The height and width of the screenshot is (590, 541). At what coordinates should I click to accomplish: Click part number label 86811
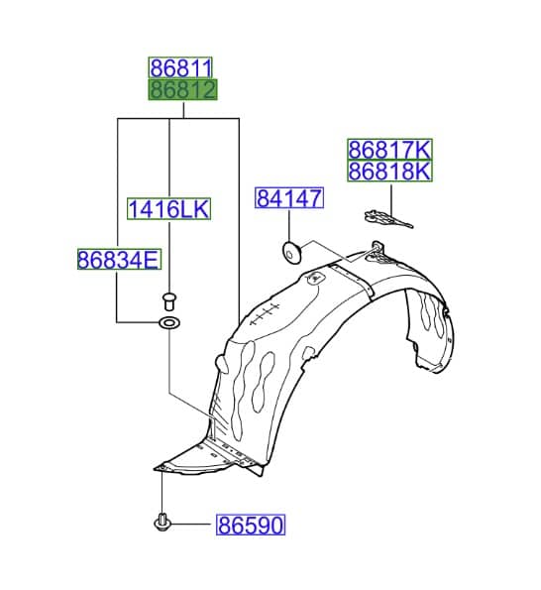tap(180, 68)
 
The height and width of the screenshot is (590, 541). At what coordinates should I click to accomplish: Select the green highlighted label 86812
tap(182, 89)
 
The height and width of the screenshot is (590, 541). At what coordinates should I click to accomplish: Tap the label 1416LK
tap(168, 208)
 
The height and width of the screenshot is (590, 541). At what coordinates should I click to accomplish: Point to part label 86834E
tap(119, 259)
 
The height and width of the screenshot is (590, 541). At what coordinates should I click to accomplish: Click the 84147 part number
tap(289, 198)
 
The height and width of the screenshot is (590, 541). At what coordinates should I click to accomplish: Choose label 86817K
tap(389, 150)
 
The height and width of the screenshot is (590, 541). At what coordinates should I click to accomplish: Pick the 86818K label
tap(389, 171)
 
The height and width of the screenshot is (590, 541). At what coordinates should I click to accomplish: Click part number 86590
tap(251, 525)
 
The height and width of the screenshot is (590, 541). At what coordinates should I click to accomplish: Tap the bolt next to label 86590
tap(162, 522)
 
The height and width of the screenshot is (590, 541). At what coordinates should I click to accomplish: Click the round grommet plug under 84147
tap(290, 253)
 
